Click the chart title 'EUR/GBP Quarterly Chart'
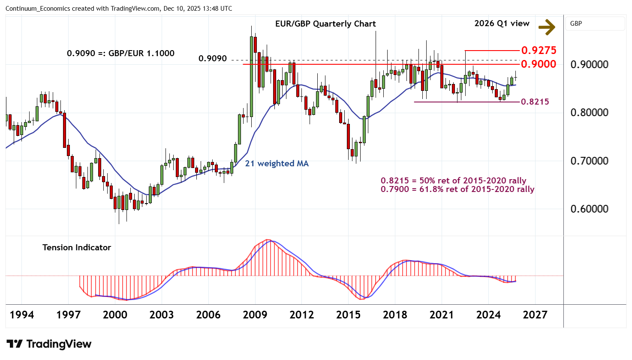tap(325, 24)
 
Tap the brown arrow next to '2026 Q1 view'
tap(547, 27)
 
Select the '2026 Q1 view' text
tap(502, 24)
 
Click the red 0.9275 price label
tap(539, 50)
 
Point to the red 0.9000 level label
tap(539, 64)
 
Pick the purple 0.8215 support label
tap(535, 102)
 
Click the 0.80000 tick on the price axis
tap(589, 113)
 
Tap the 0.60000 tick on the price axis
tap(589, 209)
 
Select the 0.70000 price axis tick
tap(589, 161)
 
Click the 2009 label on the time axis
tap(255, 315)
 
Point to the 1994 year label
tap(22, 315)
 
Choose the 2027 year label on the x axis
tap(535, 315)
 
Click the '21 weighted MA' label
tap(277, 163)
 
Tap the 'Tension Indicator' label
tap(77, 247)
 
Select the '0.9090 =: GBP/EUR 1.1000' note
tap(120, 53)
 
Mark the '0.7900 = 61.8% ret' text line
tap(457, 189)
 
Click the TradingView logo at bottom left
tap(49, 344)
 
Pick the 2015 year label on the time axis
tap(348, 315)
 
